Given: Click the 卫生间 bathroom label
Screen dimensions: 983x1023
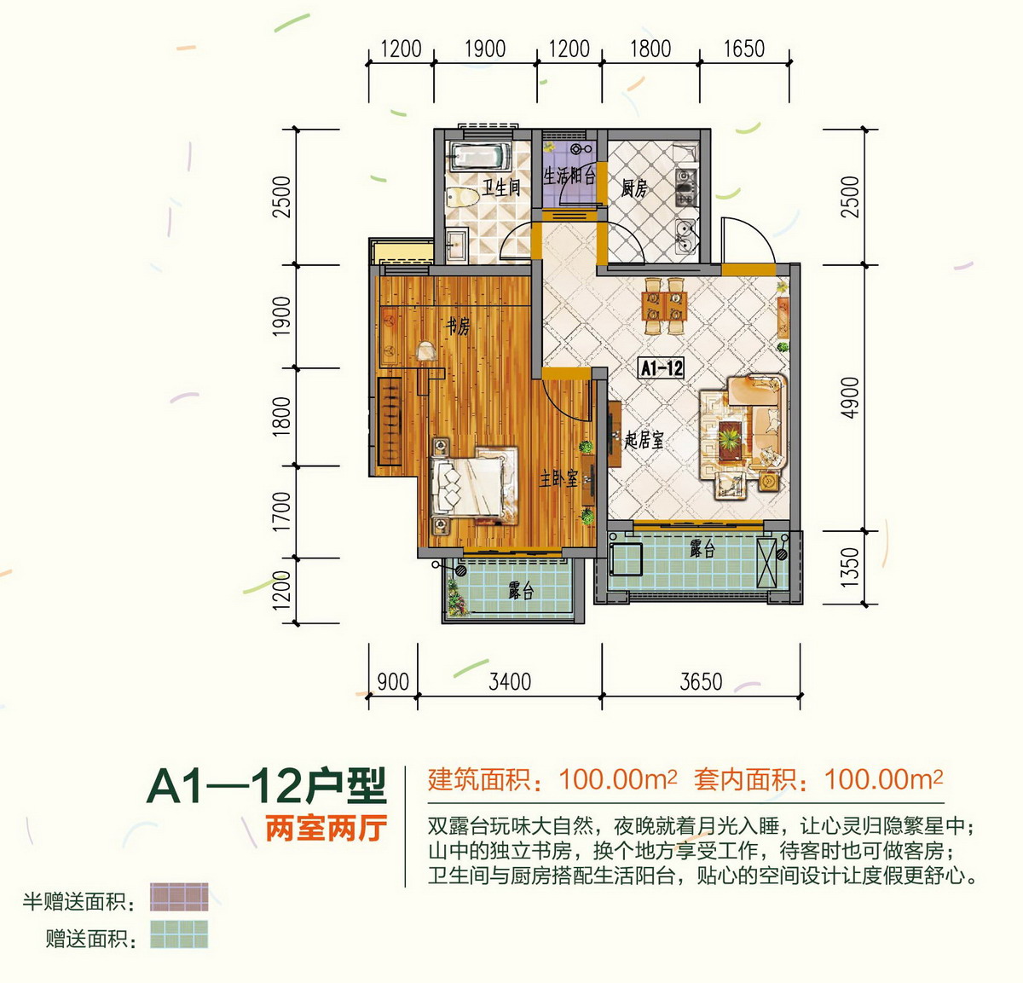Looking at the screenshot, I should (501, 187).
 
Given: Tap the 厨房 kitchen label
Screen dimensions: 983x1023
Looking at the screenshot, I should (634, 188).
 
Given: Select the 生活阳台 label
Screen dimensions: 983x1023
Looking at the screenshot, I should (569, 176).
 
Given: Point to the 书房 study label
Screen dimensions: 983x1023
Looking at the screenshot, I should (458, 326).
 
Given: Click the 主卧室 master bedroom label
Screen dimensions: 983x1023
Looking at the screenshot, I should (558, 478).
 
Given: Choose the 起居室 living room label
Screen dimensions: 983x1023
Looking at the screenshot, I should (644, 440).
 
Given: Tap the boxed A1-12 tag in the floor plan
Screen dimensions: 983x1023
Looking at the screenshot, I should (662, 367).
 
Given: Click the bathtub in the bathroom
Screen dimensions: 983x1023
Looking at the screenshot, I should (479, 157).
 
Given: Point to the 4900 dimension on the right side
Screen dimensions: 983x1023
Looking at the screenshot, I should (850, 397).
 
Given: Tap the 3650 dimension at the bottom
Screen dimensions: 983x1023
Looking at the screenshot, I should (701, 682).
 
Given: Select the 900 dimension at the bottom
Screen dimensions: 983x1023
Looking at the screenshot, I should (392, 682).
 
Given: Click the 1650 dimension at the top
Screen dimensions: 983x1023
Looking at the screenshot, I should (743, 49).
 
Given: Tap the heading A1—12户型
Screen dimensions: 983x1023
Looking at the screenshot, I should (267, 786).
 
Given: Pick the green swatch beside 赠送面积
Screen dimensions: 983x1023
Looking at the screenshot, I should (179, 934).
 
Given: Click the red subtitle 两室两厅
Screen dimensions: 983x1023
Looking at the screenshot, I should (326, 828).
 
